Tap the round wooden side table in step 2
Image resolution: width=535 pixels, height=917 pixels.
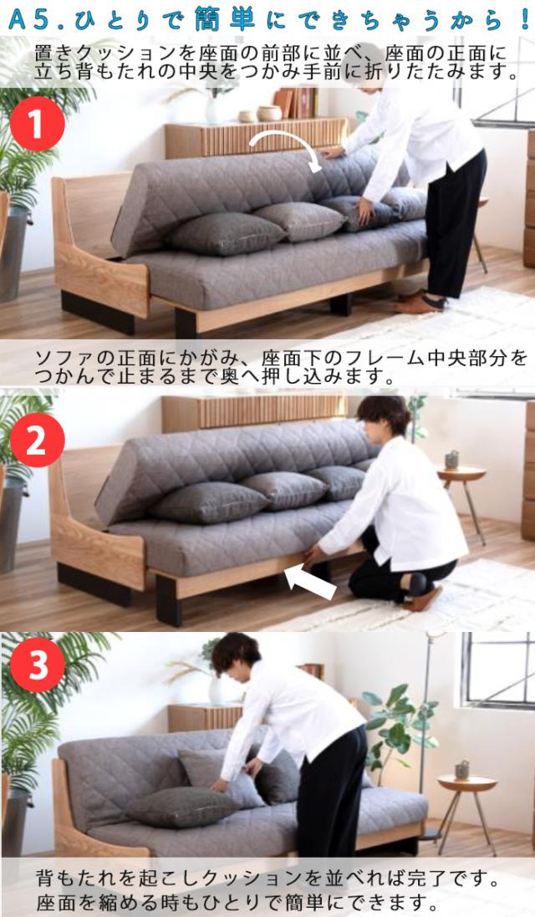pos(461,475)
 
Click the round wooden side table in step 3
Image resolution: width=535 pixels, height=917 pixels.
pos(466,785)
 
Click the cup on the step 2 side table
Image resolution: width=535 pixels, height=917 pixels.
pos(452,459)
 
